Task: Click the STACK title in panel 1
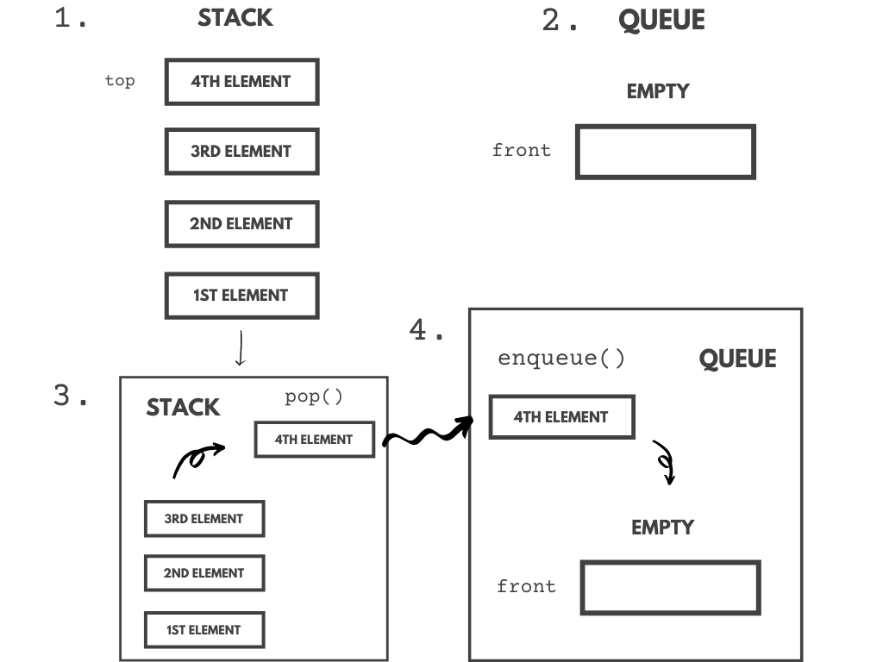pos(235,18)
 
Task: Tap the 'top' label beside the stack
pos(120,81)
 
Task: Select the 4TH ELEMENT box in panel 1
pos(241,82)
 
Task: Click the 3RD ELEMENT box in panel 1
pos(241,152)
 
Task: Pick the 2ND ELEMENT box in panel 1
pos(241,224)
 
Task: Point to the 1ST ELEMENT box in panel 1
pos(241,296)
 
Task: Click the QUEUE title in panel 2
pos(661,21)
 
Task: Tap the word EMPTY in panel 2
pos(658,91)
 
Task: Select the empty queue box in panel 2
pos(665,152)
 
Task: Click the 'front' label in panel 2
pos(521,150)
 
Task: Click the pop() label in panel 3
pos(314,397)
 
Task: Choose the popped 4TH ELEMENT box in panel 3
pos(314,440)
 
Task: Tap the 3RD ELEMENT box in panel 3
pos(204,519)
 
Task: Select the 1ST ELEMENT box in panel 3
pos(204,630)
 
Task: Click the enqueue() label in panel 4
pos(561,359)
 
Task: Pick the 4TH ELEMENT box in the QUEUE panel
pos(561,417)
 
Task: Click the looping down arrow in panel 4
pos(665,463)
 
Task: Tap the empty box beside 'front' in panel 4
pos(670,588)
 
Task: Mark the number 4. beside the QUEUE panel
pos(427,330)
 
